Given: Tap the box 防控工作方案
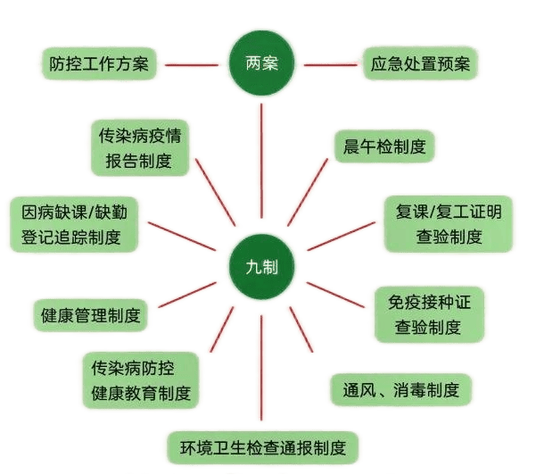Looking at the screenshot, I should (98, 64).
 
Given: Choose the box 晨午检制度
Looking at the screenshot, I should (384, 148).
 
